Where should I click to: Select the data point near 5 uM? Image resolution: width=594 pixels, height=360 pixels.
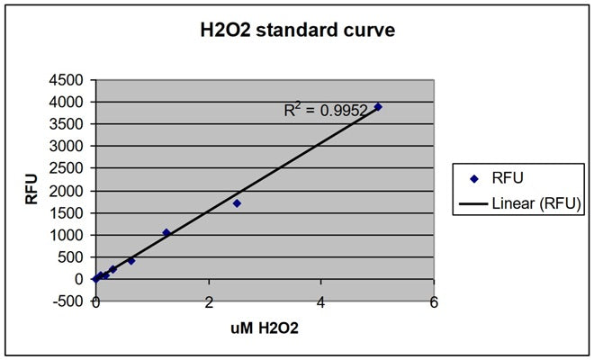[x=378, y=106]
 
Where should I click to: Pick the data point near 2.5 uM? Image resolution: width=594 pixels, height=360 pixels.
[x=237, y=203]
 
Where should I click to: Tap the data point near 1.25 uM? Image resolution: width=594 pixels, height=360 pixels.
[x=166, y=232]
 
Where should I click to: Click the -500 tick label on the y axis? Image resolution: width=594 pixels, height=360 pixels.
[x=68, y=301]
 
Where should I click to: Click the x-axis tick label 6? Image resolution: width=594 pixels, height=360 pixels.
[x=434, y=303]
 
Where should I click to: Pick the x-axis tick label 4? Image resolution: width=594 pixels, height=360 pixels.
[x=321, y=303]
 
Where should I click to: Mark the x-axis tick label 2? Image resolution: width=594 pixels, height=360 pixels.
[x=209, y=303]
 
